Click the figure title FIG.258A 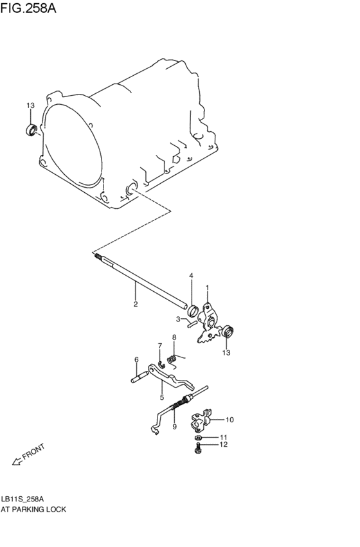click(28, 8)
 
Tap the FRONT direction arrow click(17, 461)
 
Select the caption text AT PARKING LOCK click(33, 509)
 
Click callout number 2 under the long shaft click(136, 304)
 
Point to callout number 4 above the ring click(191, 276)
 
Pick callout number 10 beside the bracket click(230, 420)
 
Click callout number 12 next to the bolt click(223, 444)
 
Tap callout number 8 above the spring click(174, 337)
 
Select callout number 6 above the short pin click(136, 360)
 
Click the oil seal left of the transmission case click(32, 130)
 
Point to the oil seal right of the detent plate click(228, 332)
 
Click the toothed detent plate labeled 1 click(208, 323)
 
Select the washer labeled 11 click(198, 438)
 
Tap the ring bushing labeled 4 click(193, 309)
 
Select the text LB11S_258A click(22, 499)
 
